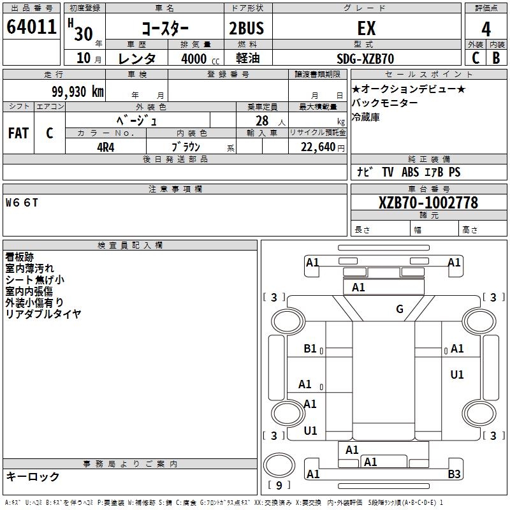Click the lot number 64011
[x=31, y=28]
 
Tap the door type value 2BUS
[x=247, y=29]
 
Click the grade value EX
[x=366, y=29]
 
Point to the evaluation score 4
[x=486, y=29]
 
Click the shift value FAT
[x=18, y=133]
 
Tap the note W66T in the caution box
[x=22, y=203]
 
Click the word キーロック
[x=33, y=477]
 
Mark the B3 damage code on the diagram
[x=454, y=474]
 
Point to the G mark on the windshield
[x=400, y=310]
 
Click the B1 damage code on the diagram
[x=310, y=349]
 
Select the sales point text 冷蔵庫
[x=366, y=117]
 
